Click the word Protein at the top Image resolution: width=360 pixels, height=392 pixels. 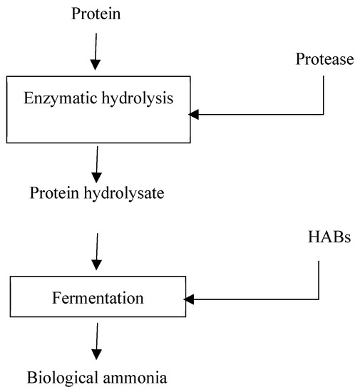(x=97, y=14)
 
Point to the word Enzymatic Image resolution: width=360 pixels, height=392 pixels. (x=62, y=99)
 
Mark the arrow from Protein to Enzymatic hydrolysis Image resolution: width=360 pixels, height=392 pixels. (x=97, y=53)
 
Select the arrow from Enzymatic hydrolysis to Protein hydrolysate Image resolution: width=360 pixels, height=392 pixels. (x=97, y=163)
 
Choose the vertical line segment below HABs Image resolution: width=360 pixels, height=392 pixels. (x=319, y=278)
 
